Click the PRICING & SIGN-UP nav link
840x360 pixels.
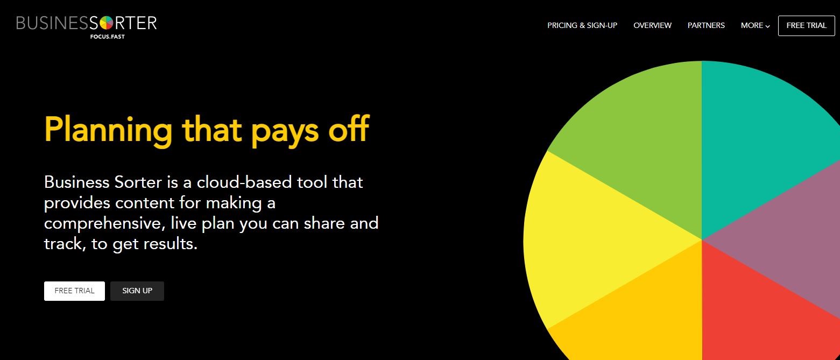pos(582,25)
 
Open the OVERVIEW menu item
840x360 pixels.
pos(652,25)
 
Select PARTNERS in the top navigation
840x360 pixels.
pos(706,25)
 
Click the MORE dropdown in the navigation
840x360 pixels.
pos(756,25)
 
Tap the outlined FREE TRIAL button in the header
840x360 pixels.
pos(806,25)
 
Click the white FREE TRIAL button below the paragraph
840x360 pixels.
pos(74,291)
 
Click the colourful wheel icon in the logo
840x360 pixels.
pos(106,23)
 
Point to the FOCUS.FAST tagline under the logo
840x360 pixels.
pos(107,37)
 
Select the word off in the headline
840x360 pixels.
pos(349,129)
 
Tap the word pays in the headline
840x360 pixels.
pos(285,132)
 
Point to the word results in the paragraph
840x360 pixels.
pos(171,244)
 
